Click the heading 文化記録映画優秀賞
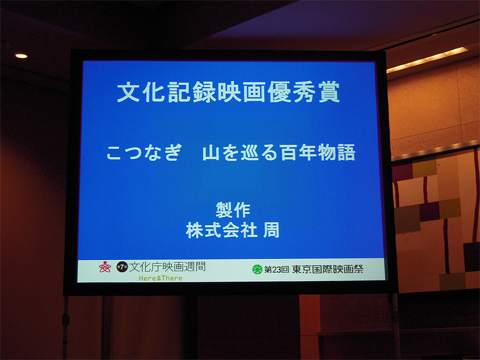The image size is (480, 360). click(x=228, y=92)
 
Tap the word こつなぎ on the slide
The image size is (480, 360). click(x=144, y=152)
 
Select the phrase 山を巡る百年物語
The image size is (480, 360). click(x=278, y=152)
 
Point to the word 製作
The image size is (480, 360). click(x=233, y=210)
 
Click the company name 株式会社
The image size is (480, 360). click(x=221, y=230)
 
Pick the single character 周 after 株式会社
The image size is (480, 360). click(x=271, y=230)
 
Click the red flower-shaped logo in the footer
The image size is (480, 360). click(x=104, y=267)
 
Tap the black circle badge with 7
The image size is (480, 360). click(x=122, y=267)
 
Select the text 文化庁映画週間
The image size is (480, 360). click(x=167, y=267)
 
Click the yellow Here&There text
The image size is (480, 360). click(x=161, y=278)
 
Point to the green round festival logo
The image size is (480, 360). click(x=257, y=269)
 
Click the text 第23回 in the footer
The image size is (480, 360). click(x=277, y=269)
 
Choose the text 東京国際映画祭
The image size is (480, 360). click(x=328, y=269)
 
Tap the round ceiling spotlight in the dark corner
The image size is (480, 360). click(x=22, y=56)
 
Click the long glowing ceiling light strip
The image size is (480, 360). click(x=427, y=59)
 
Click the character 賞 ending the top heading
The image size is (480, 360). click(x=329, y=92)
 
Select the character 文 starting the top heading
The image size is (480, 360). click(x=128, y=92)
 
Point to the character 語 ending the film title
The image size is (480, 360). click(x=346, y=152)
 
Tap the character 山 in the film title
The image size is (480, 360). click(x=211, y=153)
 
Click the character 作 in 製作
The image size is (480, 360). click(x=242, y=210)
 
